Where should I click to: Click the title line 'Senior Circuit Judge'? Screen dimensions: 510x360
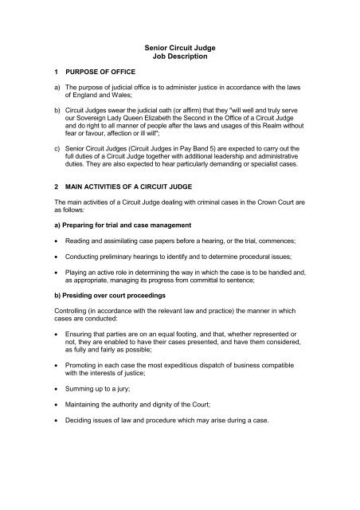pyautogui.click(x=179, y=49)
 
